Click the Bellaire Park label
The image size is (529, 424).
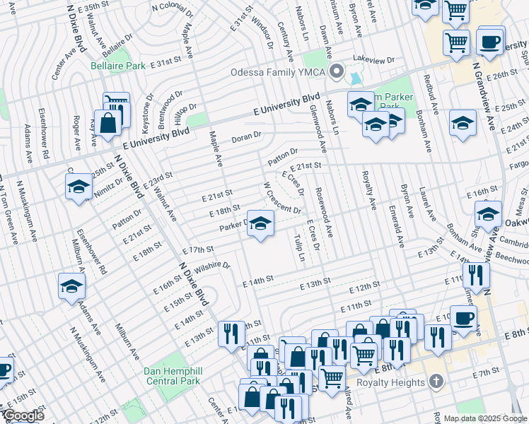pos(117,66)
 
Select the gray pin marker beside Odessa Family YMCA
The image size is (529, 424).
pos(337,72)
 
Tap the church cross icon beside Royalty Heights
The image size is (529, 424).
pos(437,382)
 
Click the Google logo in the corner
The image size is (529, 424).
pos(23,416)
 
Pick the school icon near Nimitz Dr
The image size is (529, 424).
pos(78,187)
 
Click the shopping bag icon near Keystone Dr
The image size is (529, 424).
pos(109,122)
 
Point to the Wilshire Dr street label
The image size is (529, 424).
pos(212,266)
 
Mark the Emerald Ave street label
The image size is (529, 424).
pos(400,226)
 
